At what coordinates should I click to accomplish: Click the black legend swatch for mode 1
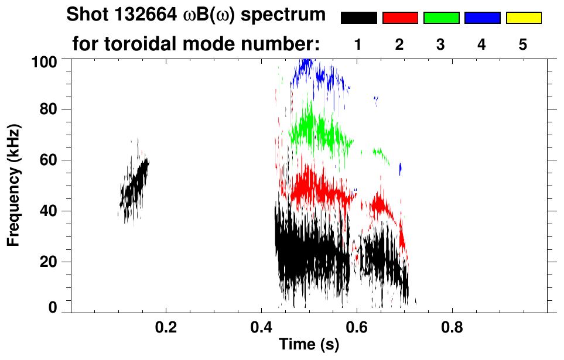[358, 18]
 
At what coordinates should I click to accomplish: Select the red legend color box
[400, 18]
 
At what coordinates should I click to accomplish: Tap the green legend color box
[441, 18]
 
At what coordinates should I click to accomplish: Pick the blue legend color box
[482, 18]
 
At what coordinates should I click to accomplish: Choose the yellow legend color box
[524, 18]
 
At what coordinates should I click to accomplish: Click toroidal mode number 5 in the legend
[523, 44]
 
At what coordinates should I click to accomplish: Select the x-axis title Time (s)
[308, 345]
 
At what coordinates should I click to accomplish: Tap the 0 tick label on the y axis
[58, 308]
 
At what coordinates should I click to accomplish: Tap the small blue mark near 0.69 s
[400, 169]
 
